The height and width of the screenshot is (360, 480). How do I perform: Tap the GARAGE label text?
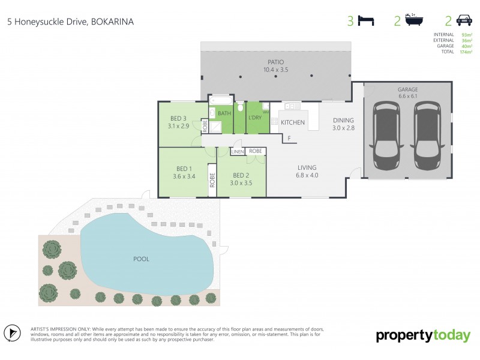click(407, 90)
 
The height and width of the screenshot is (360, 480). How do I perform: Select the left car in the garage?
click(387, 135)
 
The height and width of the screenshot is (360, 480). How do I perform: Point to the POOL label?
click(141, 259)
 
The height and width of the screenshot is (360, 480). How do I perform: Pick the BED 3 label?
click(178, 118)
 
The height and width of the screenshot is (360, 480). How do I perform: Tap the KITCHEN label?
click(293, 122)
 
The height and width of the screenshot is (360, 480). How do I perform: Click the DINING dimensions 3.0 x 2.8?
click(344, 128)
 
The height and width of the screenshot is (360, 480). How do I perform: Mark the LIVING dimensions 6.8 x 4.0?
click(306, 176)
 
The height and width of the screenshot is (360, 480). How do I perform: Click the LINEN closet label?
click(237, 152)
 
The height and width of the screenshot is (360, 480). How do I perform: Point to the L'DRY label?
click(254, 118)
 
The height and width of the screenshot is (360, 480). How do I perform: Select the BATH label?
click(224, 113)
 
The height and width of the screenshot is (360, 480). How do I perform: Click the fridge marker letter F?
click(289, 139)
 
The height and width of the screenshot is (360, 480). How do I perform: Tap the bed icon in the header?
click(366, 21)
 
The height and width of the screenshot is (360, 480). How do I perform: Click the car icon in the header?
click(464, 21)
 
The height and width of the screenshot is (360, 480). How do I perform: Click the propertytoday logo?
click(423, 335)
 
